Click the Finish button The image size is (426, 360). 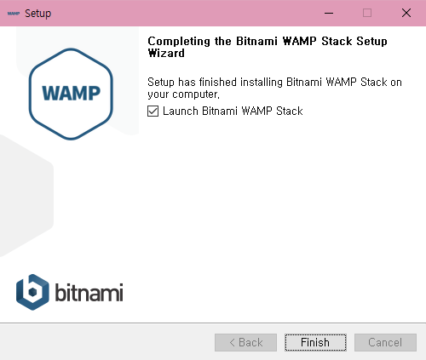tap(315, 342)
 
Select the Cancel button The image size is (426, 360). tap(385, 342)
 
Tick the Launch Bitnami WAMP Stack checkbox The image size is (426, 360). tap(153, 111)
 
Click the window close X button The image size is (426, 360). tap(406, 13)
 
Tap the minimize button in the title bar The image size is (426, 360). tap(329, 13)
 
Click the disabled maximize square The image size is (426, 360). tap(367, 13)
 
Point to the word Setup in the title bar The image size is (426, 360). tap(37, 14)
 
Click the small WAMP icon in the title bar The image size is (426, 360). tap(14, 14)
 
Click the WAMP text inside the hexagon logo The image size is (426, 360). tap(71, 93)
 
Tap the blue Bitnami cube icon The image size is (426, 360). tap(32, 292)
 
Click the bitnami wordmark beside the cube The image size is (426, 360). tap(89, 292)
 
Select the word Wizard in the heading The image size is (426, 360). tap(166, 53)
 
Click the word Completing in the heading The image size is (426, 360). tap(180, 42)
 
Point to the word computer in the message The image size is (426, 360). tap(195, 94)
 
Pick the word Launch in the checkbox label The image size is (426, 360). tap(181, 111)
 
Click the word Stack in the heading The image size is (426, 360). tap(337, 41)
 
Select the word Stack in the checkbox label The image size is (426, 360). tap(290, 111)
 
